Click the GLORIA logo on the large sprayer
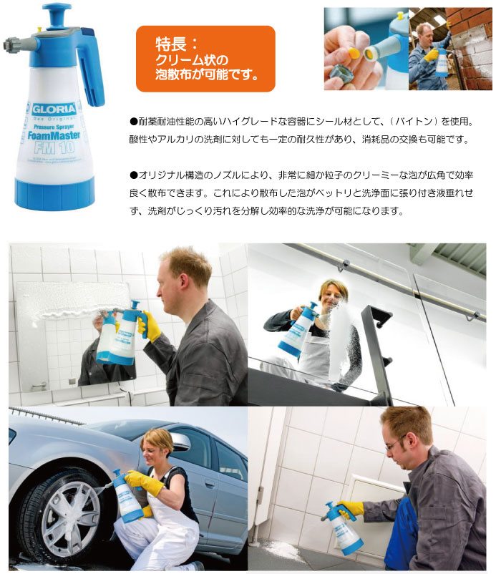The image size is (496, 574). coord(54,109)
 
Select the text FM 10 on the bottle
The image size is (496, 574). coord(54,148)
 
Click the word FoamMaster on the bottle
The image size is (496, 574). coord(54,135)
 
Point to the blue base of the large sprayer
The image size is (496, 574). coord(54,193)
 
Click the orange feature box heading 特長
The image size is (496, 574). coord(205,59)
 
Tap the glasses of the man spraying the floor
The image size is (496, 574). coord(394,444)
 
